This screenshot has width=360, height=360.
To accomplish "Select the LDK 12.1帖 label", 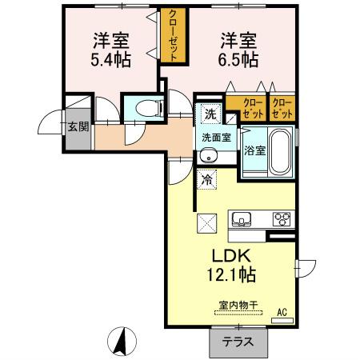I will tap(232, 265).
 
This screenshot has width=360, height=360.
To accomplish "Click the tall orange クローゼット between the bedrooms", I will tap(172, 36).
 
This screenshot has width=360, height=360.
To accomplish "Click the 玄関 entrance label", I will tap(78, 126).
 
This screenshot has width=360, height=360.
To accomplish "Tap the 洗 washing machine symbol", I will tap(209, 114).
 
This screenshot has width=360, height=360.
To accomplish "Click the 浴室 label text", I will tap(255, 150).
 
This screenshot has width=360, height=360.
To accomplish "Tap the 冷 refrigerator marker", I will tap(207, 179).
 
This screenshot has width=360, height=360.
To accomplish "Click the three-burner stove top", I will tap(282, 218).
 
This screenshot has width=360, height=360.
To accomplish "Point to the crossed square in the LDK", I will tap(206, 225).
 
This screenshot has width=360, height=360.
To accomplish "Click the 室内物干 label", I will tap(237, 305).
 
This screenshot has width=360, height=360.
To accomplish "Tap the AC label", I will tap(281, 312).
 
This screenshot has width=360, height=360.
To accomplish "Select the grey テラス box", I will tap(238, 342).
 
